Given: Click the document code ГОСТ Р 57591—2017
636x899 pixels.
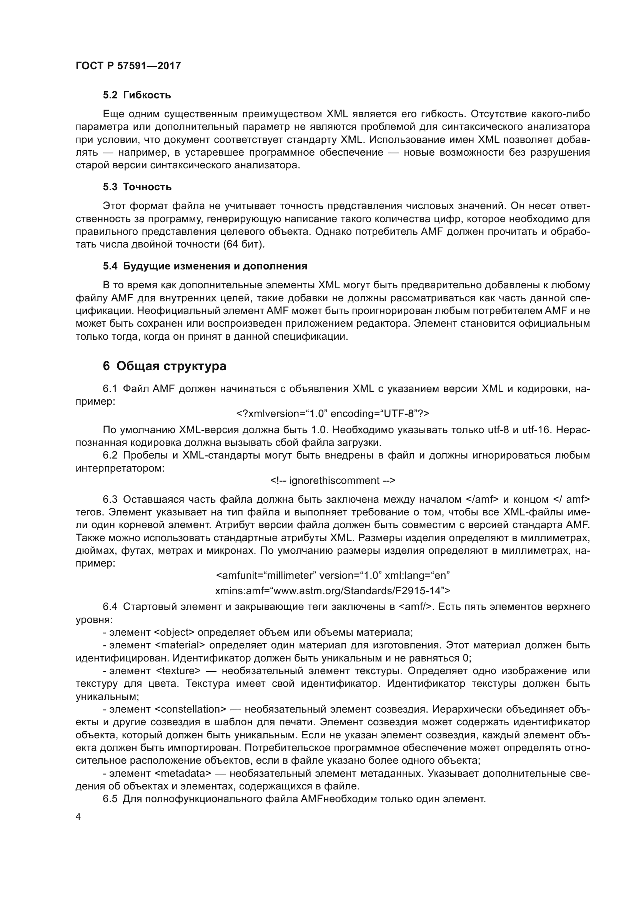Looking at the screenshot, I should (x=128, y=66).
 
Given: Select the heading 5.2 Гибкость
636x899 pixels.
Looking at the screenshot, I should (x=137, y=95).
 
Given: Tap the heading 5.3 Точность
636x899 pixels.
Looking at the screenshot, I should (x=137, y=187).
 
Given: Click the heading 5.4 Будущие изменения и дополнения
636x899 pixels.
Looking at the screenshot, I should (x=205, y=266).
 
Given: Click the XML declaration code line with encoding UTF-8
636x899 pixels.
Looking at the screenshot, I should (x=333, y=414).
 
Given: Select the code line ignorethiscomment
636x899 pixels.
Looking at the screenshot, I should (x=333, y=480).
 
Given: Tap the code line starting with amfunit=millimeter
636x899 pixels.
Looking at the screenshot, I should (x=333, y=575).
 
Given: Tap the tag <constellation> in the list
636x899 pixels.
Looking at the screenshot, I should (x=190, y=709).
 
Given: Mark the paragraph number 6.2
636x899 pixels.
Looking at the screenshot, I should (x=110, y=455).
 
